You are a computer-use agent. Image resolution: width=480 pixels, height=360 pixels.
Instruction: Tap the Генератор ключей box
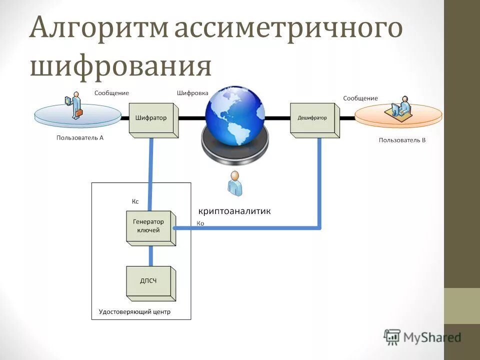click(x=148, y=226)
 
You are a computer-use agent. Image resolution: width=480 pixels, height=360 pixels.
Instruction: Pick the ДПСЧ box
click(x=148, y=281)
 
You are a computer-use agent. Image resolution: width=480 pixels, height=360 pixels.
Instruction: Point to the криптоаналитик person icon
click(x=234, y=183)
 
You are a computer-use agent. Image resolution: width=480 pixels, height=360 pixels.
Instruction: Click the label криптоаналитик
click(x=234, y=211)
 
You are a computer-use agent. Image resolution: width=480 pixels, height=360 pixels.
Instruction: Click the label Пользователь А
click(x=80, y=137)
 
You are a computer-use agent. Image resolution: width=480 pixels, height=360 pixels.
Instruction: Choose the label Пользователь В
click(x=402, y=140)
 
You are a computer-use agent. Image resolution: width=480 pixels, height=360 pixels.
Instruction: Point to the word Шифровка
click(x=192, y=93)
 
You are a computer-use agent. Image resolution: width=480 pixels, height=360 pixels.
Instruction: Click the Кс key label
click(x=135, y=201)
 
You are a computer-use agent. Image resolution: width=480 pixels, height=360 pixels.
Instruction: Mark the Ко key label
click(x=200, y=223)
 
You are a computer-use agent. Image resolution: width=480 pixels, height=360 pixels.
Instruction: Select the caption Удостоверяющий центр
click(x=134, y=311)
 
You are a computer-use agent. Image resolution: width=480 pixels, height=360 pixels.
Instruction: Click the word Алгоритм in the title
click(x=100, y=29)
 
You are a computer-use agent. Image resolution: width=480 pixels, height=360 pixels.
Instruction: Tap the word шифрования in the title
click(x=120, y=66)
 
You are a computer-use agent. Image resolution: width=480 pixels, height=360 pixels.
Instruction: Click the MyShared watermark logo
click(x=422, y=337)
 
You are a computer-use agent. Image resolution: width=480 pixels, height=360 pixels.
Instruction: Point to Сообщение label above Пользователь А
click(x=112, y=93)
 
